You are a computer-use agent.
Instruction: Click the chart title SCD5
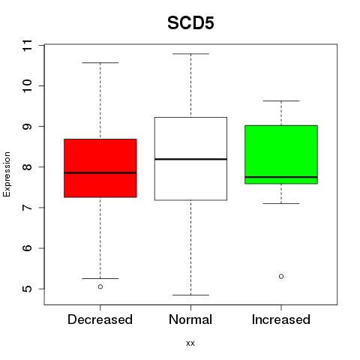pos(190,23)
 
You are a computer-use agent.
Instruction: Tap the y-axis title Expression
pos(7,174)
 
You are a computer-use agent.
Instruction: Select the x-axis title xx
pos(190,343)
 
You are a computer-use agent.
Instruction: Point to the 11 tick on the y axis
pos(28,45)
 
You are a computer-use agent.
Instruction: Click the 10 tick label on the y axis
pos(28,86)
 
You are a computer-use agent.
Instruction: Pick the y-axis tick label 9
pos(28,127)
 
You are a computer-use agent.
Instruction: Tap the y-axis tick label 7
pos(28,208)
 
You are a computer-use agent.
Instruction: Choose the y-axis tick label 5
pos(28,289)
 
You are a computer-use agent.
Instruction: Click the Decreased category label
pos(100,319)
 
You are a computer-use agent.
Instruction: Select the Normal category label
pos(190,319)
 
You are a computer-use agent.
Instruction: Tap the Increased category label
pos(281,319)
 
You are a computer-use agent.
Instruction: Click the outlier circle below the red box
pos(100,286)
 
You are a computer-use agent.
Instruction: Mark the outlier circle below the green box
pos(281,277)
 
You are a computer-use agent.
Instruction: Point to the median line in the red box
pos(100,172)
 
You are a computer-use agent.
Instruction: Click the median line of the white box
pos(190,159)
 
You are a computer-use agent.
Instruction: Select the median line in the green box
pos(281,177)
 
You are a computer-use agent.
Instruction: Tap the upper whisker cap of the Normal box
pos(190,54)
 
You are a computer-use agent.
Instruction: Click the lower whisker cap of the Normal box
pos(190,295)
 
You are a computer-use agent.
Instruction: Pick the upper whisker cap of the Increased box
pos(281,101)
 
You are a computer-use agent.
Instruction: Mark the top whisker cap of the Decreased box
pos(100,63)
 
